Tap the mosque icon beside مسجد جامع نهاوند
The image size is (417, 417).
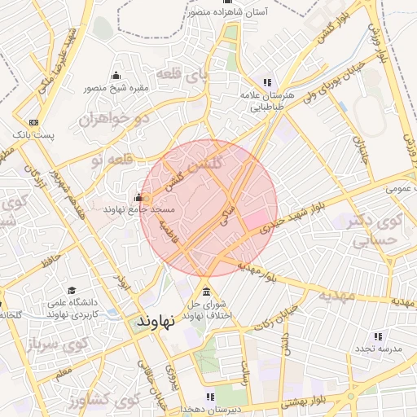click(138, 197)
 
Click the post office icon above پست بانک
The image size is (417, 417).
click(33, 121)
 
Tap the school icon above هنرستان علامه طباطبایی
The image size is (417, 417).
click(267, 82)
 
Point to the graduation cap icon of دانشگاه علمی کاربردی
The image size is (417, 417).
click(72, 291)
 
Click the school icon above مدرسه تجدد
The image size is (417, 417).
click(377, 336)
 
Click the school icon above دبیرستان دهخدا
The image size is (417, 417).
click(211, 397)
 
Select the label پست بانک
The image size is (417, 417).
click(33, 134)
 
